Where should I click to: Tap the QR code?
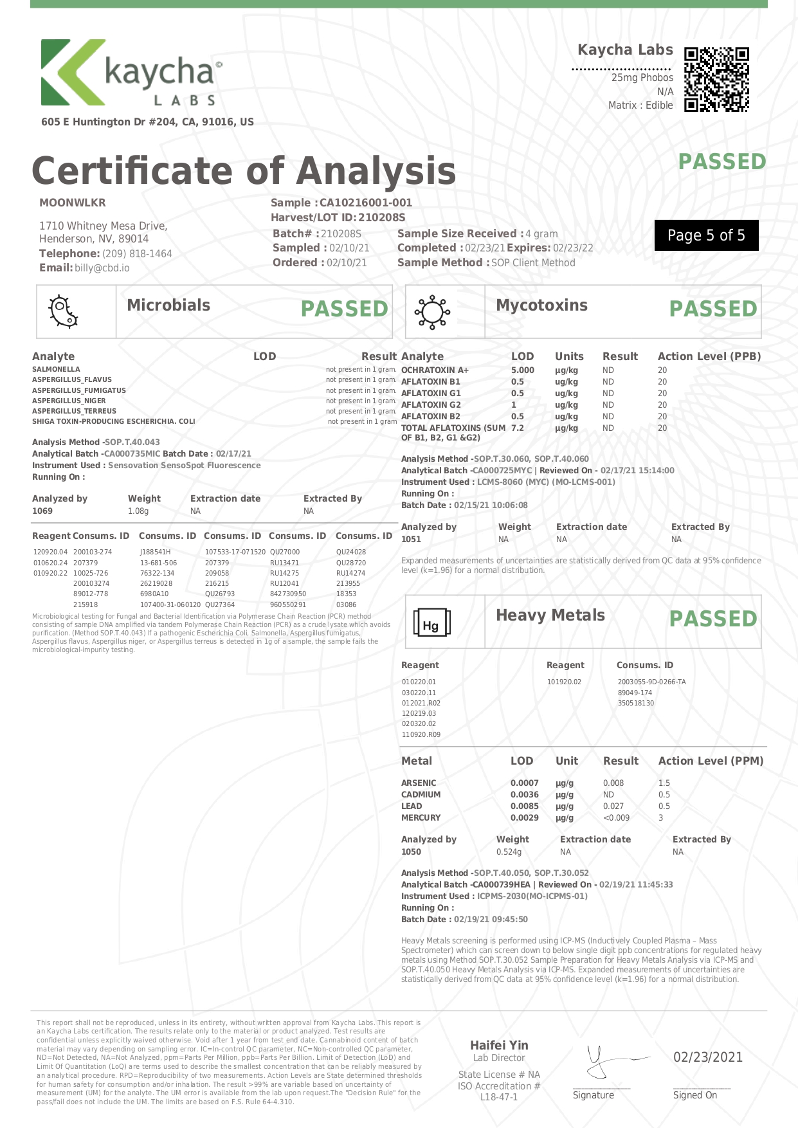click(716, 80)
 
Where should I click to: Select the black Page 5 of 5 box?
click(706, 235)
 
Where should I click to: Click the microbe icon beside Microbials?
click(63, 312)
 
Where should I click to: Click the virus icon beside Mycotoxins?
click(432, 312)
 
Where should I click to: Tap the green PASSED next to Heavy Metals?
click(713, 619)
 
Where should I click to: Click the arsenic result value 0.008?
click(613, 783)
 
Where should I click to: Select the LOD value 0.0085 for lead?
click(525, 806)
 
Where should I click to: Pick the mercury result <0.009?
click(616, 817)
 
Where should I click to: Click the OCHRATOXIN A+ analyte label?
click(435, 370)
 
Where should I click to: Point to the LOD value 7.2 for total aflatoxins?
click(517, 428)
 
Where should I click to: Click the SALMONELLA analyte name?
click(56, 369)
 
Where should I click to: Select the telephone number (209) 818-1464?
click(137, 253)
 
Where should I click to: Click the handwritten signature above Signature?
click(608, 1060)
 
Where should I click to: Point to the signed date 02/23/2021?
click(707, 1057)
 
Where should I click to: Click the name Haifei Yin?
click(499, 1045)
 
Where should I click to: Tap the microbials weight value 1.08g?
click(138, 511)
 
